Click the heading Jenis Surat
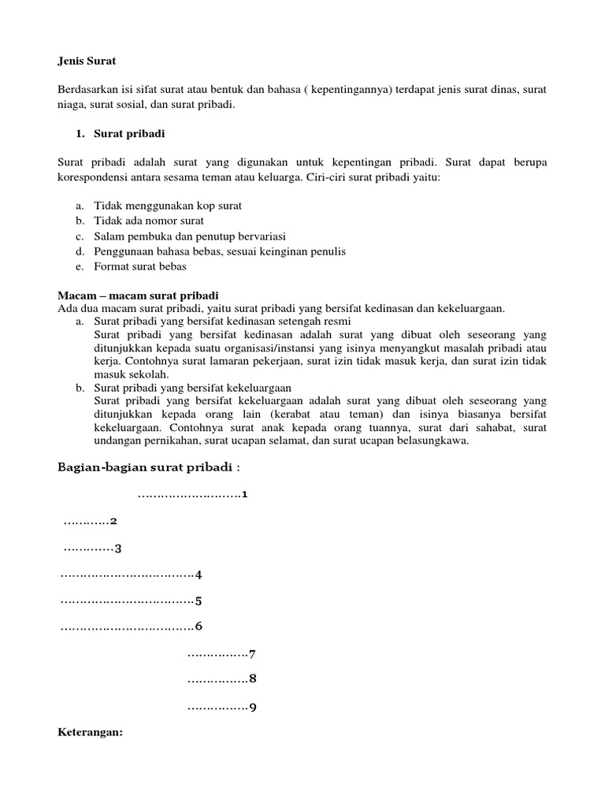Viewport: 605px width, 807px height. click(87, 60)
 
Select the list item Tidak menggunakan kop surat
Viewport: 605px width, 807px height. click(168, 206)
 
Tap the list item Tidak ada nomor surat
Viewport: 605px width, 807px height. click(150, 221)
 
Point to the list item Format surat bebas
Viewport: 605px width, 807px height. click(140, 266)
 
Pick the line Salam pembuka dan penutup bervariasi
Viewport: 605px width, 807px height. click(190, 236)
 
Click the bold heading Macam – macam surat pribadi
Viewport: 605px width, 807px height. click(139, 295)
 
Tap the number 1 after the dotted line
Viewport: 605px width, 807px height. click(245, 495)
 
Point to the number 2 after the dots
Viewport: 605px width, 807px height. click(114, 522)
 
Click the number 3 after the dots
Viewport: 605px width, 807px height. click(118, 549)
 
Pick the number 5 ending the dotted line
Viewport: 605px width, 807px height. click(199, 601)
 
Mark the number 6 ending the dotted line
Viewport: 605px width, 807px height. click(199, 627)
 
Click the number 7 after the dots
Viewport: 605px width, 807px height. click(253, 654)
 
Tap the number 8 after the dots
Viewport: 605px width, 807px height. click(253, 679)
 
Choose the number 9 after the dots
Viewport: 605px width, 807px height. click(253, 707)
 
